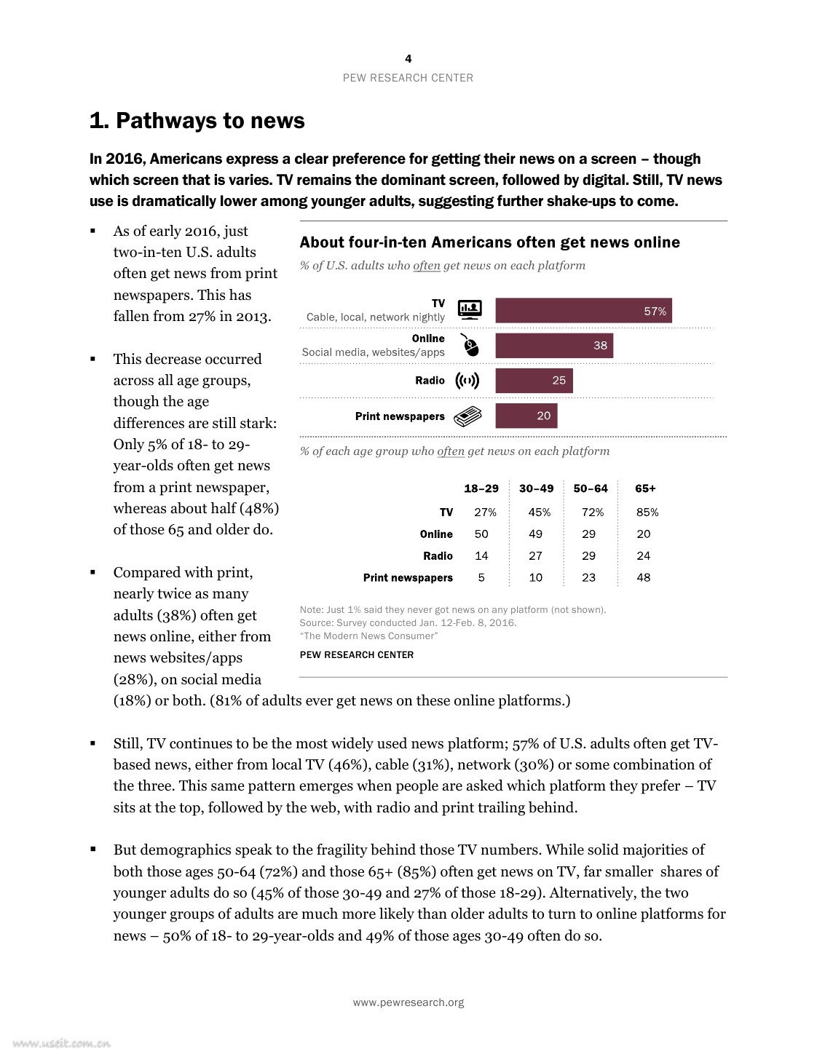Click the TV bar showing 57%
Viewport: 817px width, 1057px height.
point(583,311)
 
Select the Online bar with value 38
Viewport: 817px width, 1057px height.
point(554,346)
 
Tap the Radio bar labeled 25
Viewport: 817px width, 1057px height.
point(534,381)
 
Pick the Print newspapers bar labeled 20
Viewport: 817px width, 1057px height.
point(526,416)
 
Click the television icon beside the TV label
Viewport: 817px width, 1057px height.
point(470,309)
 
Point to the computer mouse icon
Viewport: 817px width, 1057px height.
point(470,345)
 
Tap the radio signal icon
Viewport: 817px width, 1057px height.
point(467,381)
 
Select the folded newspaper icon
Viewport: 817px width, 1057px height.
point(467,416)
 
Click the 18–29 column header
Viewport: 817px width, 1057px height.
point(481,488)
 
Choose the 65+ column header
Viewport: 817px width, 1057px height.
point(645,488)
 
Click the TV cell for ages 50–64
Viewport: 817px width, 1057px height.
point(590,512)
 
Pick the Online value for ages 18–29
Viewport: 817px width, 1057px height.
point(481,534)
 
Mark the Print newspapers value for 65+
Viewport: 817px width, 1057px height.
point(644,578)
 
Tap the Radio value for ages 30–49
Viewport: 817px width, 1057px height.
point(536,556)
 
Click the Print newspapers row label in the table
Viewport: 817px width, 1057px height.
point(408,578)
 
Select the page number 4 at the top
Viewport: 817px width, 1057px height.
point(408,59)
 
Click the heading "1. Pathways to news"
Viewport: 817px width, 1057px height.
point(197,121)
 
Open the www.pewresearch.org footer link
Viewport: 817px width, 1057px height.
point(408,1002)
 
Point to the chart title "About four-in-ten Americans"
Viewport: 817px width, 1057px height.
point(489,242)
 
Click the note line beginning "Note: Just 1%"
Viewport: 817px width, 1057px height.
point(452,610)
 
